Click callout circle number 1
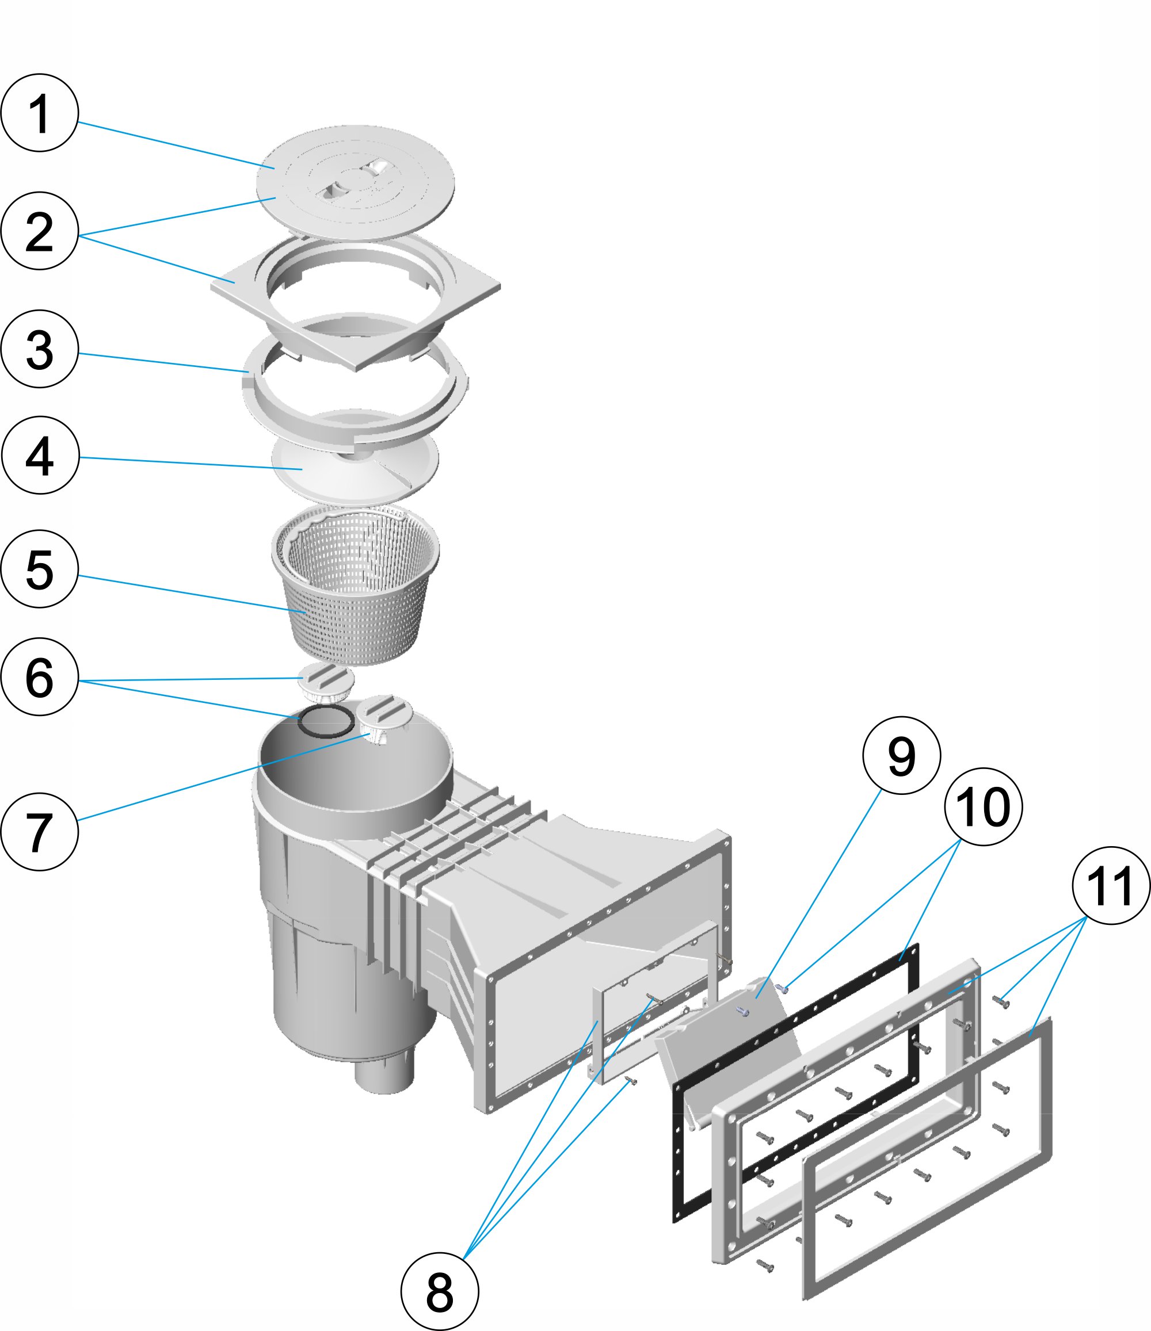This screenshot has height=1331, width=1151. pos(40,113)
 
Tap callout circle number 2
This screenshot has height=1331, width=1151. pos(40,231)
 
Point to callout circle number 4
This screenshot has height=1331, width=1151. pos(40,456)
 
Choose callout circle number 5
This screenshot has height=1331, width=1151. pos(40,569)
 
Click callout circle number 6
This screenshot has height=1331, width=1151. pos(40,677)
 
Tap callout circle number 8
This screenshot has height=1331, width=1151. pos(440,1292)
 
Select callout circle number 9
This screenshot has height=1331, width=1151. pos(902,755)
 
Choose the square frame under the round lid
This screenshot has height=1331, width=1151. pos(238,282)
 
